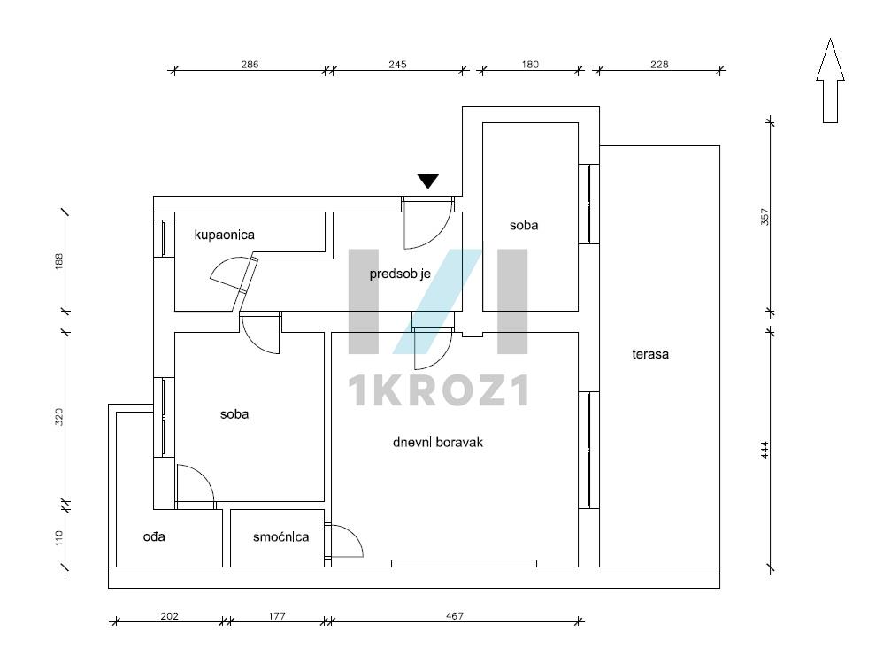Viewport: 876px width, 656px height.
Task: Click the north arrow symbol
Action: [830, 81]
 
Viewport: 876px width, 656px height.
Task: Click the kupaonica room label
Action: [224, 235]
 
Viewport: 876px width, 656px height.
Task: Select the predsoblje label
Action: [400, 274]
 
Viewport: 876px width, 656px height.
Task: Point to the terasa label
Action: [650, 354]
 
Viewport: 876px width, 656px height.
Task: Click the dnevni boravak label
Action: [437, 443]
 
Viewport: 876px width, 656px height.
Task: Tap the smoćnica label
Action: [280, 537]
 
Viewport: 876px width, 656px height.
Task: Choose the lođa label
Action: [152, 537]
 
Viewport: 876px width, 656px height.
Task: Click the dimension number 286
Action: [250, 65]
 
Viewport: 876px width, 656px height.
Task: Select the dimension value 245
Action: [398, 65]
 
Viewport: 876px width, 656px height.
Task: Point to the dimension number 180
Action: [530, 65]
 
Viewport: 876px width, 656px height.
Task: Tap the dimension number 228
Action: [659, 65]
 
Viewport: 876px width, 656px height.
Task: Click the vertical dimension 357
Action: [765, 217]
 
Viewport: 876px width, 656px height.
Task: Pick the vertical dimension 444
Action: [765, 450]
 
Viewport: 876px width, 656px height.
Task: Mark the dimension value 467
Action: [455, 616]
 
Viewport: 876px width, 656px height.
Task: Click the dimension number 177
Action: [277, 616]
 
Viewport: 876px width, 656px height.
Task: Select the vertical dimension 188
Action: [59, 261]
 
